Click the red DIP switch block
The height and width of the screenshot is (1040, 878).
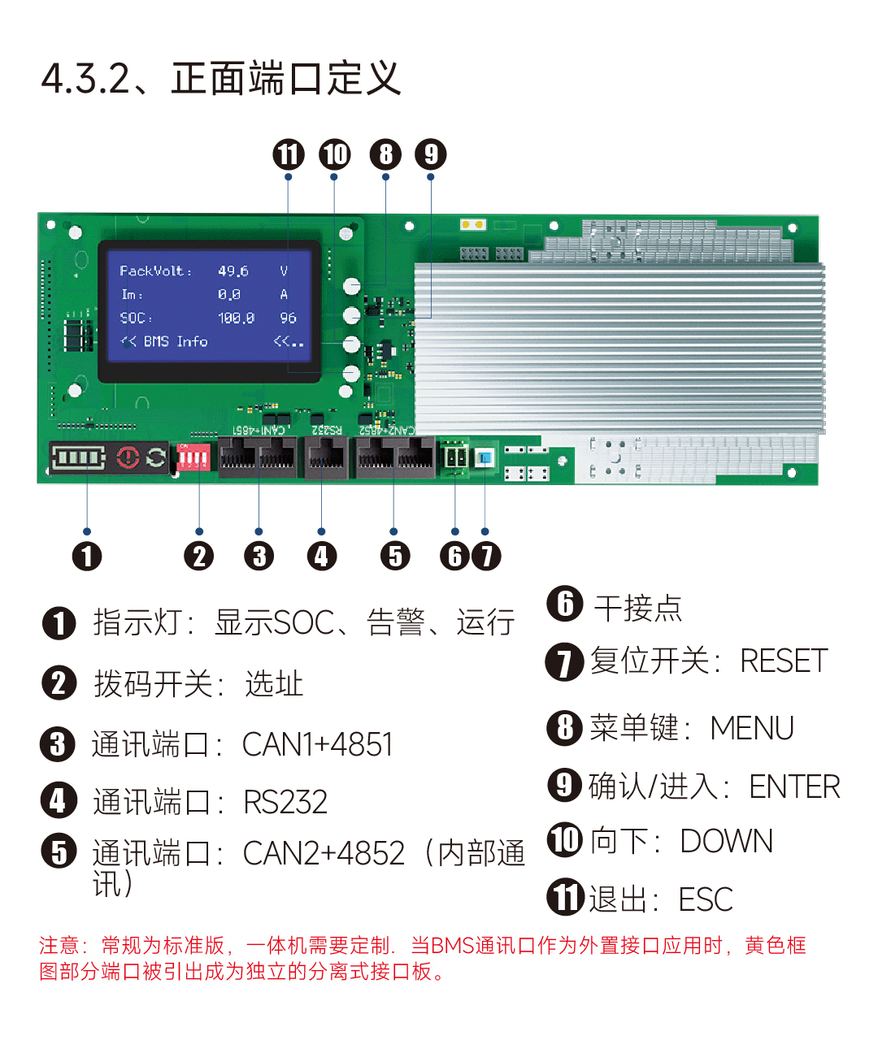193,457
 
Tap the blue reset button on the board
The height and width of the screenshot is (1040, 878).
485,457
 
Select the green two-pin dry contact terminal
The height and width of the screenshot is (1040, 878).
455,456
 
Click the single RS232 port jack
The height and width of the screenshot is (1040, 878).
326,457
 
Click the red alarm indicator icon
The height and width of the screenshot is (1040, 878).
128,457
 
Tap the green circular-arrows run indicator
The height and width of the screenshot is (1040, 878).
156,457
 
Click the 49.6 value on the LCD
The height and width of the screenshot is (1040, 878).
233,271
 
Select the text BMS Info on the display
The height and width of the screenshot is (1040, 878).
176,341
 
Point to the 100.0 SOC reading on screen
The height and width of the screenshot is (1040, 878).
236,318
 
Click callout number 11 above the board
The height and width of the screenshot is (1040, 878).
288,154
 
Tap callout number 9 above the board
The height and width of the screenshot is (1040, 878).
431,154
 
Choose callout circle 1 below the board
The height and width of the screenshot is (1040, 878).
87,556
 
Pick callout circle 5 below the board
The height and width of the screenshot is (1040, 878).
395,556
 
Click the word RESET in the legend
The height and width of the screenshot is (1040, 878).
784,661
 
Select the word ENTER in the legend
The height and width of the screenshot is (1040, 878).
794,786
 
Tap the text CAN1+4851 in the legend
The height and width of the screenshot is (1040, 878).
317,744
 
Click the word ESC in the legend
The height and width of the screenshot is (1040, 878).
706,899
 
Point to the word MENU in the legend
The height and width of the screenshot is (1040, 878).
751,728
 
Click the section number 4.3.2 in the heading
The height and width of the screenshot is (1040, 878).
85,79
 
